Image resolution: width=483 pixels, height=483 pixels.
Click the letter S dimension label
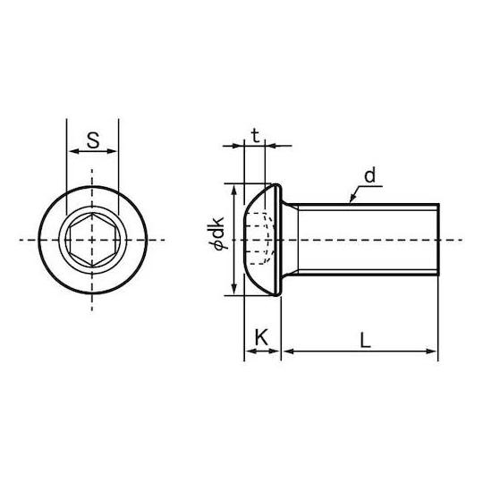[x=93, y=140]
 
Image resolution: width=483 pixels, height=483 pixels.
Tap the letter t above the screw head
[x=255, y=136]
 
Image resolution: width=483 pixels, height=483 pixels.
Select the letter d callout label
[x=369, y=175]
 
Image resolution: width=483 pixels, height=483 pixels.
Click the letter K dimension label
[x=261, y=337]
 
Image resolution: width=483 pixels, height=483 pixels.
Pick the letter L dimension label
[x=365, y=341]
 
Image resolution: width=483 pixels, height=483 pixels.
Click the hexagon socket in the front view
[x=92, y=240]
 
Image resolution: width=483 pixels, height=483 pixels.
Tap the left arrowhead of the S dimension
[x=74, y=151]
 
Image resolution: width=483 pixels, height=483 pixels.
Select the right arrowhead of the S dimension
[x=112, y=151]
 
